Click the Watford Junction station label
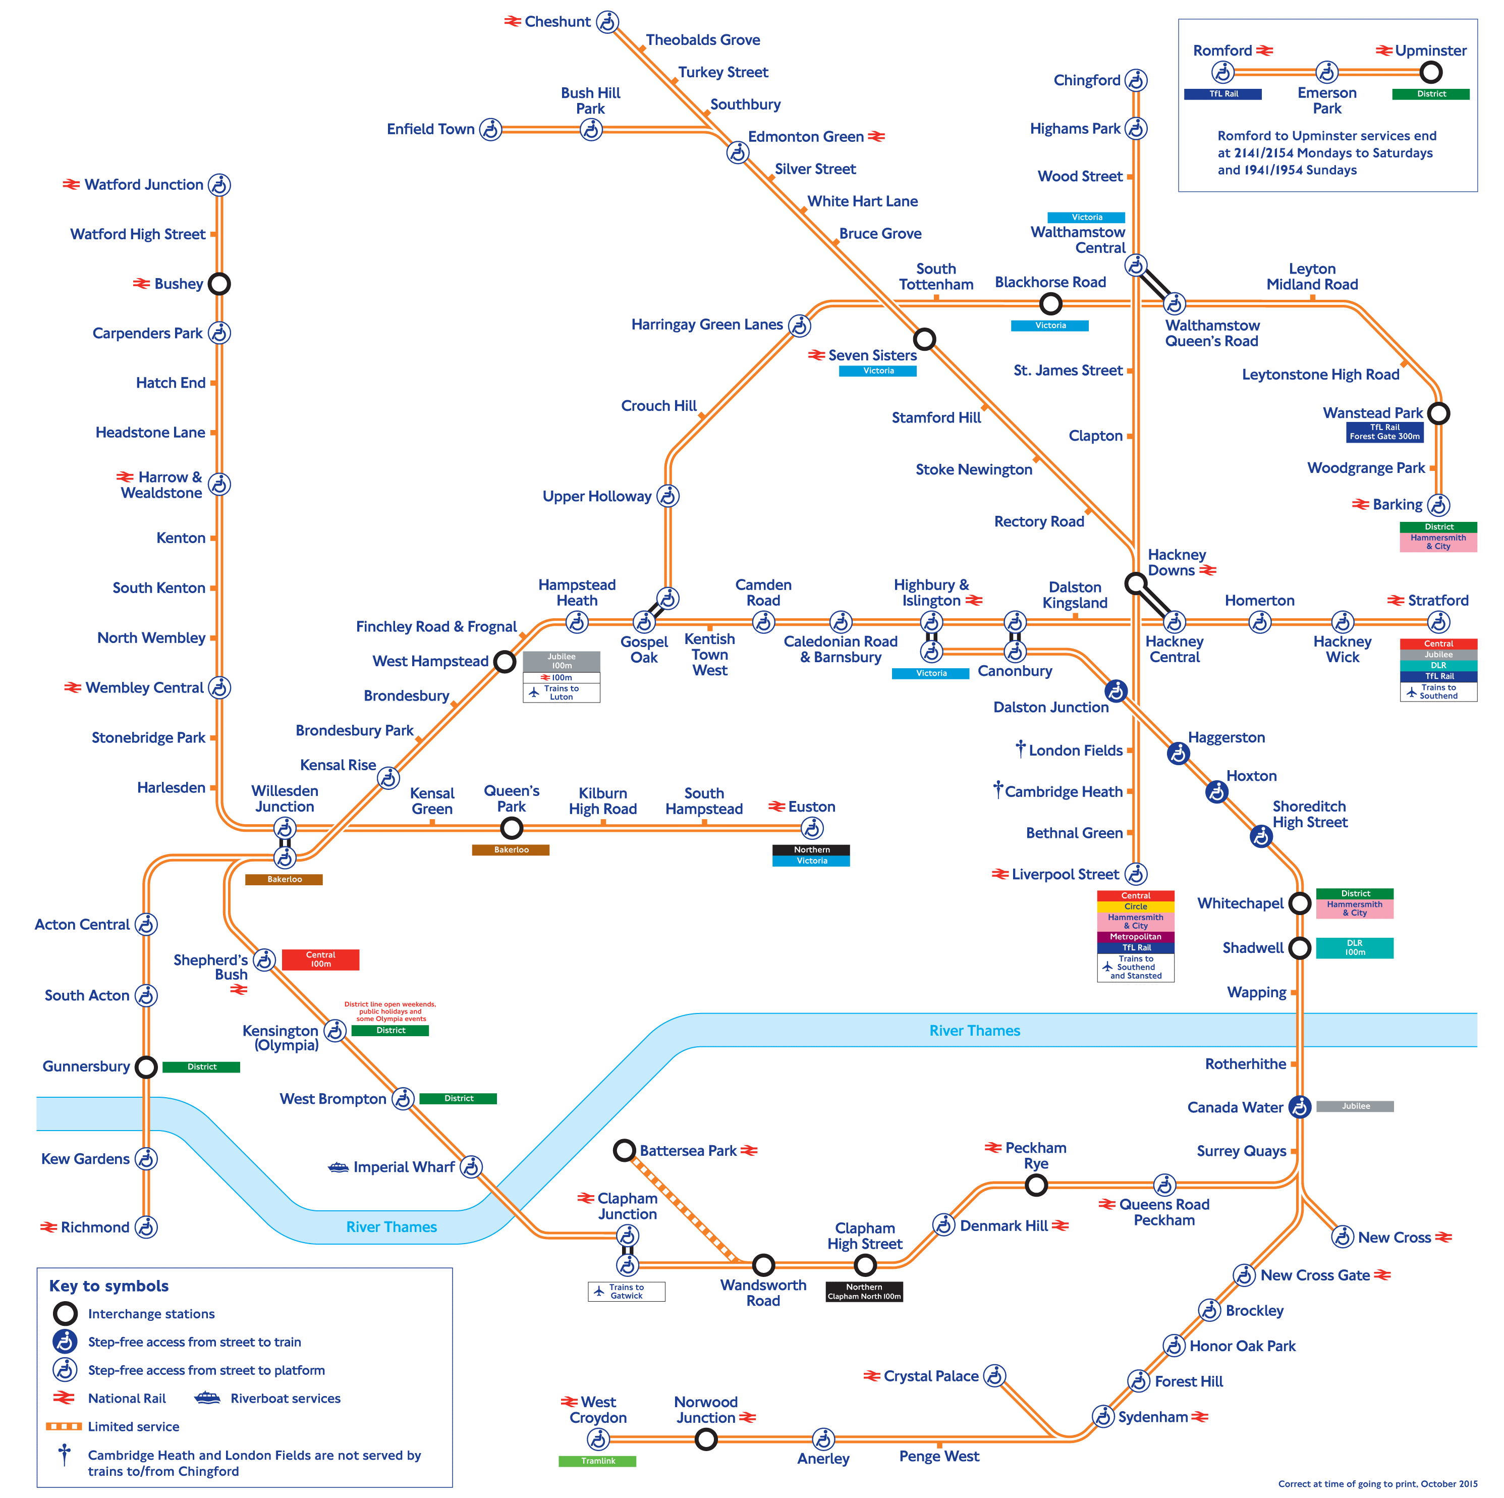pos(143,185)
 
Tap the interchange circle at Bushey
pos(219,284)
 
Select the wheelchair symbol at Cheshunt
pos(607,22)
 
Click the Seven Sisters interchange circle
pos(924,340)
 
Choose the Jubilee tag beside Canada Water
pos(1355,1106)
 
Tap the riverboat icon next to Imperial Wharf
pos(339,1167)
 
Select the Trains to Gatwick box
pos(626,1291)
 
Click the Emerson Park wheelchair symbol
pos(1326,72)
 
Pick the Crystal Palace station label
pos(930,1376)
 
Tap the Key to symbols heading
pos(109,1286)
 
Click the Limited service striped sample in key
pos(64,1426)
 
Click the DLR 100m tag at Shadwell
pos(1355,947)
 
